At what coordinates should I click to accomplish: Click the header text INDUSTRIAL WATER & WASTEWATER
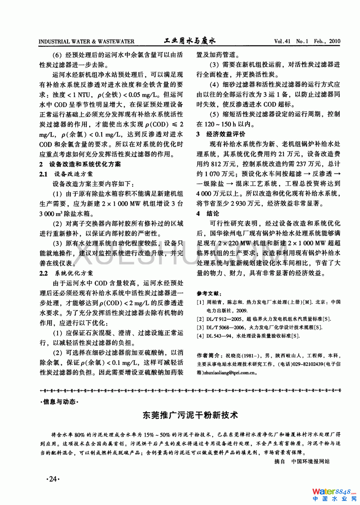click(86, 42)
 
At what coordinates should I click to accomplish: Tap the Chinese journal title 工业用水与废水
click(190, 41)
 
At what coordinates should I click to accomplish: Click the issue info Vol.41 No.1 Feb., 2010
click(307, 41)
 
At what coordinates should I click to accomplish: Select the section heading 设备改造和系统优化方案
click(85, 164)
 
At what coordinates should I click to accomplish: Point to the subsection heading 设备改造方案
click(73, 174)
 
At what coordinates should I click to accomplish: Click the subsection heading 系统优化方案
click(74, 273)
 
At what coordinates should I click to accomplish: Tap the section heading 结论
click(213, 214)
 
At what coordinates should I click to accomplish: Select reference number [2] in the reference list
click(200, 319)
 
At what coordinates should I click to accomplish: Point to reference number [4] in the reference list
click(200, 336)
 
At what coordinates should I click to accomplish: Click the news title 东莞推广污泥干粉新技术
click(190, 415)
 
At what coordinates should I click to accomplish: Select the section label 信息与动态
click(59, 402)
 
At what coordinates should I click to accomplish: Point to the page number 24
click(53, 479)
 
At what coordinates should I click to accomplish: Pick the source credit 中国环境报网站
click(310, 462)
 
